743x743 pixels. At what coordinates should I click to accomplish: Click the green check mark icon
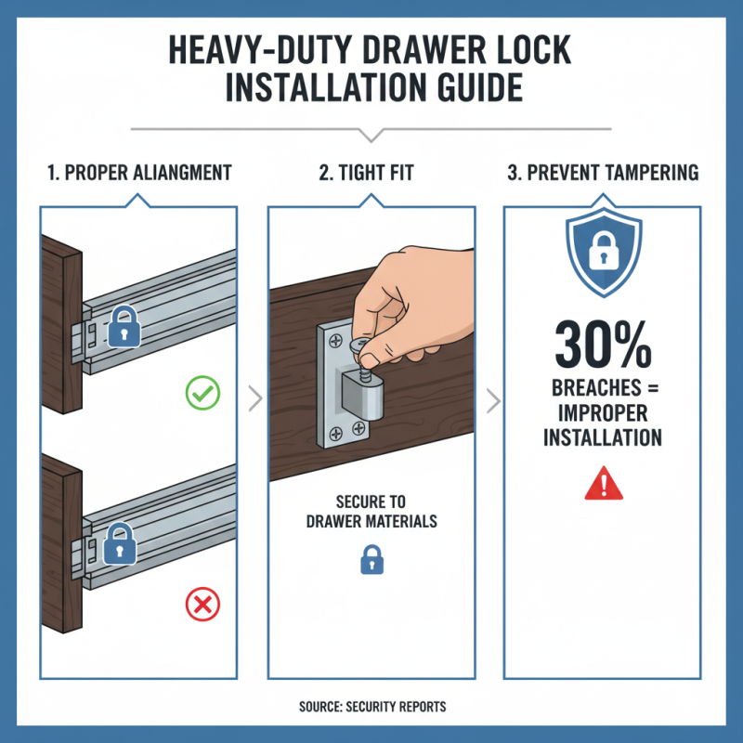pos(202,394)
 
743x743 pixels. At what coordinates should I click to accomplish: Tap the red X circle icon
pos(202,606)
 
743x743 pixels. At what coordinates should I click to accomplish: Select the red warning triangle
pos(604,484)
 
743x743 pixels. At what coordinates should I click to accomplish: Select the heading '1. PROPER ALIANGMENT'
pos(138,173)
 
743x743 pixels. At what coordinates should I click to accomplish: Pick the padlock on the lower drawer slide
pos(121,543)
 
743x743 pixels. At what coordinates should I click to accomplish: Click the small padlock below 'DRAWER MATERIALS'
pos(371,560)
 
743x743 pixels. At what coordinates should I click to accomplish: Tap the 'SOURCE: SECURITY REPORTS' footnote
pos(371,707)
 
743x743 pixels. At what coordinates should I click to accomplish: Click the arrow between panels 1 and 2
pos(253,401)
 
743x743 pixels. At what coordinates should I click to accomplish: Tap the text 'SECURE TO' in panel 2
pos(371,502)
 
